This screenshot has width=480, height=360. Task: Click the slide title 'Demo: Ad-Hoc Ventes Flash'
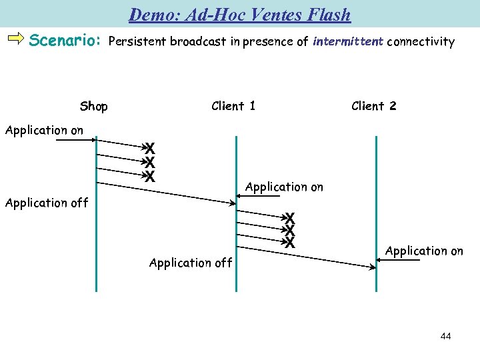239,14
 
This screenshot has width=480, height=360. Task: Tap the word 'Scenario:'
65,41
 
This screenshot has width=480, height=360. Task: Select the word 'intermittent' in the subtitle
347,41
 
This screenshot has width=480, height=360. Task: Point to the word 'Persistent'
137,41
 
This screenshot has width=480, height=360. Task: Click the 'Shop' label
93,106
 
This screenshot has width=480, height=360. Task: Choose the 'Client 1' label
233,105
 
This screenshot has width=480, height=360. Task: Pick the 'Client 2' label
373,105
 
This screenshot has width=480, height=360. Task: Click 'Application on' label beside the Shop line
44,130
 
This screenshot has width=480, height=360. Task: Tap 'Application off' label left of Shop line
46,203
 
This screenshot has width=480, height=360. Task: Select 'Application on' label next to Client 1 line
284,187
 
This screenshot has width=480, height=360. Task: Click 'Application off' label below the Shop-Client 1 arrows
191,263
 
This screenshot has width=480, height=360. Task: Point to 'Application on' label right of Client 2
424,251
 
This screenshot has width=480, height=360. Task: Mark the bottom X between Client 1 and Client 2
290,243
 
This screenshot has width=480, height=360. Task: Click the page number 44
445,336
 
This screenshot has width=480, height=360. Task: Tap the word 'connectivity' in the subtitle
420,41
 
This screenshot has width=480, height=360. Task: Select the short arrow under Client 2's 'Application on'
399,261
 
